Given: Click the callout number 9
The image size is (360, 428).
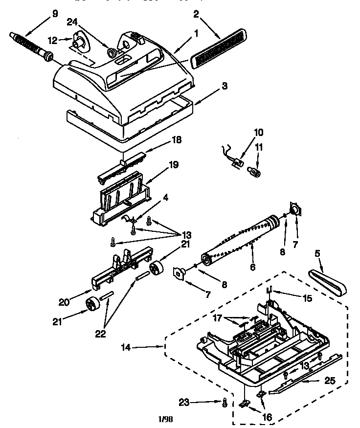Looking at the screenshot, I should (x=55, y=14).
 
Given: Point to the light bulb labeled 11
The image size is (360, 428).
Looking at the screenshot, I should (x=255, y=171).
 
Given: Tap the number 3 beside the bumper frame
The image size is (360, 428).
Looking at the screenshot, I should (x=225, y=86).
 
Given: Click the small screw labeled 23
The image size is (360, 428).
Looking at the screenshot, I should (x=225, y=402).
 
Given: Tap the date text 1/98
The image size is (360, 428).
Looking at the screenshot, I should (x=166, y=419).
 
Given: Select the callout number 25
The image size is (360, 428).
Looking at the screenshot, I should (x=332, y=380).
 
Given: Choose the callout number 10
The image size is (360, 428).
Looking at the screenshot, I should (x=258, y=132).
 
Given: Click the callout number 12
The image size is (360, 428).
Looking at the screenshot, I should (x=52, y=39).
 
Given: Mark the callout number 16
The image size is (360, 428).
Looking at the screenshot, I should (x=267, y=417).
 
